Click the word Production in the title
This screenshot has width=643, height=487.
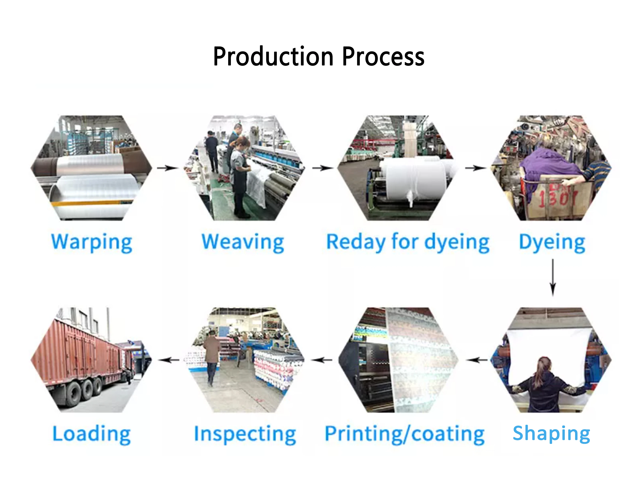(x=273, y=57)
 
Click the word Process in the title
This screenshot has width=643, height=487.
(x=383, y=57)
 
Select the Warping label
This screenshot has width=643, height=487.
(x=92, y=242)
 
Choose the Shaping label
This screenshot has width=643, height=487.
(x=551, y=433)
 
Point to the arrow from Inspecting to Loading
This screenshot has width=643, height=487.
(x=169, y=360)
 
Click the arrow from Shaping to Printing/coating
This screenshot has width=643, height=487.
(x=477, y=360)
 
